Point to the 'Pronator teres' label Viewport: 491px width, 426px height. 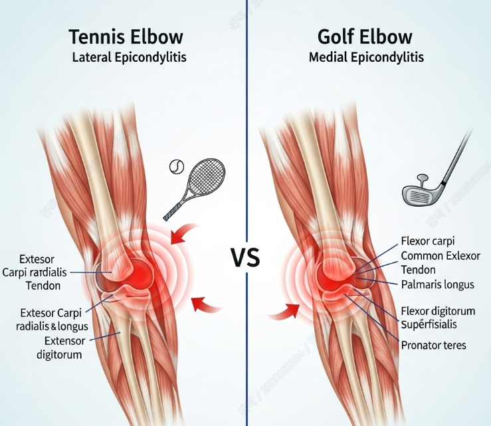(x=434, y=345)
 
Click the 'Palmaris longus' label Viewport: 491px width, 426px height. (x=438, y=284)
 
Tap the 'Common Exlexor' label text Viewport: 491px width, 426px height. (x=441, y=256)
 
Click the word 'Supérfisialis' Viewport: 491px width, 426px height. (x=434, y=324)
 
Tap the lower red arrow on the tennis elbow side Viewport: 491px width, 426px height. (x=205, y=304)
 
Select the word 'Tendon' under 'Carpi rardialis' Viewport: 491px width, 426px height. (x=42, y=286)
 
